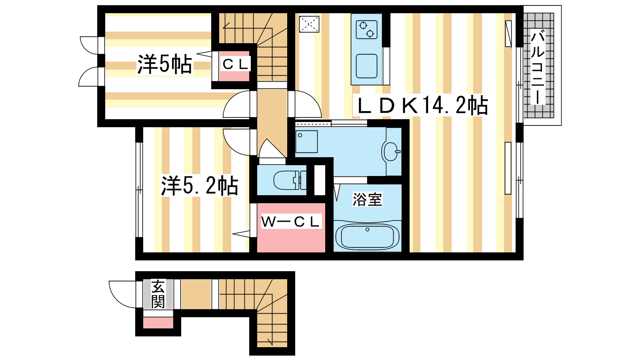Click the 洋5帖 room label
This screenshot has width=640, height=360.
(164, 64)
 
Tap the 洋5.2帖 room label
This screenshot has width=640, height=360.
(200, 186)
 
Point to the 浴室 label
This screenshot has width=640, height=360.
(367, 200)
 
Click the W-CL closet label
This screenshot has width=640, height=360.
(290, 222)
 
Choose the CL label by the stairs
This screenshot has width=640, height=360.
(235, 64)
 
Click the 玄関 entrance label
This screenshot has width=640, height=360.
(158, 294)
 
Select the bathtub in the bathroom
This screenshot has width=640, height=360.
(368, 236)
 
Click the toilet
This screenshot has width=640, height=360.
(290, 180)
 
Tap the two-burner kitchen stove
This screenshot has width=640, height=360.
(366, 30)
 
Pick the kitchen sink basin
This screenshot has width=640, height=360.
(366, 66)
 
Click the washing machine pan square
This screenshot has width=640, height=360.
(306, 142)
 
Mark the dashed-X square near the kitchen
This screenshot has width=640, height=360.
(309, 24)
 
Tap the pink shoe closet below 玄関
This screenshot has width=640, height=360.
(158, 322)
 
